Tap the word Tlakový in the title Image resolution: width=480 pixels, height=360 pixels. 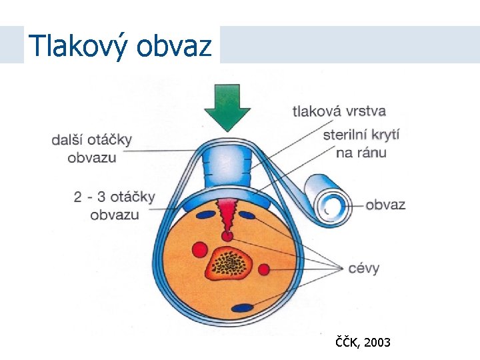coord(79,46)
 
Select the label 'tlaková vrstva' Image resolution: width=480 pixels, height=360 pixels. coord(339,111)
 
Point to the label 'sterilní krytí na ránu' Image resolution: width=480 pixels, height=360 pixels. coord(360,143)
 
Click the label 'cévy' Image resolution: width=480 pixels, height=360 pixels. coord(363,269)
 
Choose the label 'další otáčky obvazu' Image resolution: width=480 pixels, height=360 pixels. coord(92,149)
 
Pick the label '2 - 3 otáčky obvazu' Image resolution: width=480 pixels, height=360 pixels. coord(114,205)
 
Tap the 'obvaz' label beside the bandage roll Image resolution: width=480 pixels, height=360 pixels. coord(385,205)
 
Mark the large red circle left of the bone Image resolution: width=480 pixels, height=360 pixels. coord(199,250)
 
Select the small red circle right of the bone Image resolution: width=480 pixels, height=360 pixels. coord(264,269)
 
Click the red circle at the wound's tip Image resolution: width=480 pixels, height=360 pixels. coord(227,235)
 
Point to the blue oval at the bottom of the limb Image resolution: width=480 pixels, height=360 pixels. coord(243,308)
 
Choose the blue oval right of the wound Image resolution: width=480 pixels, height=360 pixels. coord(249,215)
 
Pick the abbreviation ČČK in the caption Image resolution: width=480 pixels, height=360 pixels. coord(347,343)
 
